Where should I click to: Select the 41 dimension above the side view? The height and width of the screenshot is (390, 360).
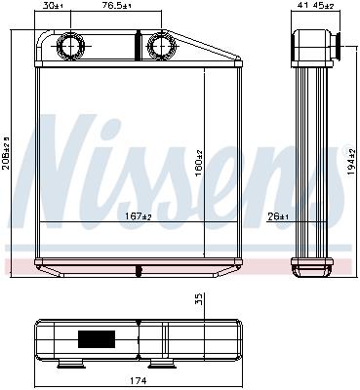click(x=301, y=7)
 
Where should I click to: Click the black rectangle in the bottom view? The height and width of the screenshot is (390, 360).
click(x=95, y=341)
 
